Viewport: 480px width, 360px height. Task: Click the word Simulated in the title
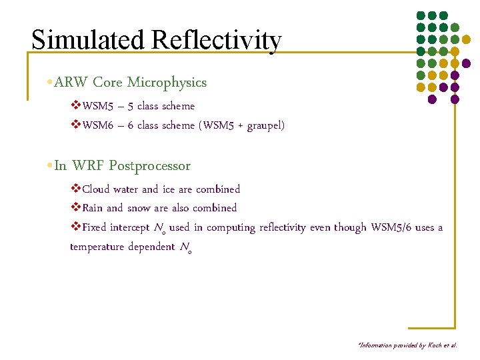click(x=89, y=40)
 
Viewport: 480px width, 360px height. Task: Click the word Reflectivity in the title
click(x=216, y=41)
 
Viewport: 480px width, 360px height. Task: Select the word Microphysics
click(x=167, y=83)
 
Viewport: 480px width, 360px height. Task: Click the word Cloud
click(x=97, y=189)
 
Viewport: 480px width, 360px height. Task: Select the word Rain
click(x=94, y=208)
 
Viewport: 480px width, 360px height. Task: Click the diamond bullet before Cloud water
click(x=75, y=189)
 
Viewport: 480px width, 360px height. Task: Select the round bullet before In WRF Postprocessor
click(x=51, y=166)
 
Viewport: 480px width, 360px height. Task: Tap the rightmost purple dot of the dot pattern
click(x=467, y=63)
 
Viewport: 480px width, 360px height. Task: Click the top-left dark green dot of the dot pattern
click(x=421, y=15)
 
